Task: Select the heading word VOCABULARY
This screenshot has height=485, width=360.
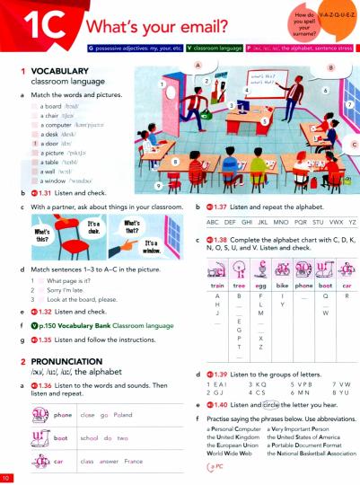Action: (45, 70)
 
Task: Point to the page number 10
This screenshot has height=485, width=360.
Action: (7, 475)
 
